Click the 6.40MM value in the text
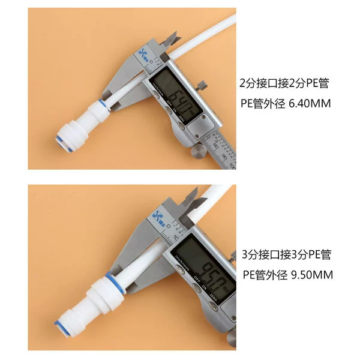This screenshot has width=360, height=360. (310, 104)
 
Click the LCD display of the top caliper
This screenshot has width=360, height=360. (176, 97)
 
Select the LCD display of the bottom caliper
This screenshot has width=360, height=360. (203, 268)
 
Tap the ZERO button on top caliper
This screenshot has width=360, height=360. (181, 125)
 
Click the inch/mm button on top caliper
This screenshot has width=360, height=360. (156, 94)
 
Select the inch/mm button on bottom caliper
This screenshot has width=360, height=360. (180, 269)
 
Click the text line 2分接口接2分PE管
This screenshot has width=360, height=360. (284, 83)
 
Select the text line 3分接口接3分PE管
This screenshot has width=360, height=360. (287, 254)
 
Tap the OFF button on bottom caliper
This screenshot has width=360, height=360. (197, 287)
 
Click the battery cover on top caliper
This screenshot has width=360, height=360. (201, 127)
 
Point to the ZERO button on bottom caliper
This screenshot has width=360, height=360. (213, 306)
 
